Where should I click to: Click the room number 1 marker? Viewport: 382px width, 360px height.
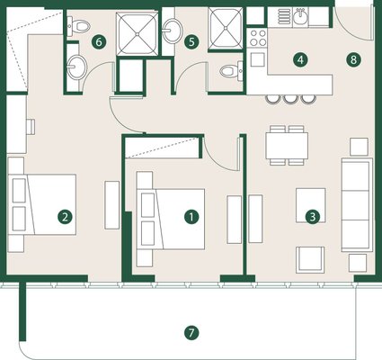[x=191, y=217]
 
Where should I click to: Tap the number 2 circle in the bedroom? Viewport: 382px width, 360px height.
[x=66, y=217]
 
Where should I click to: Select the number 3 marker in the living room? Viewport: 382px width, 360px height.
[x=313, y=216]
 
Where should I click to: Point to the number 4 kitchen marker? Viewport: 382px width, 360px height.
[x=300, y=59]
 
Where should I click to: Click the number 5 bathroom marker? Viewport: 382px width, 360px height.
[x=191, y=42]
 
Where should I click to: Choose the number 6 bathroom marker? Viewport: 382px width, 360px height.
[x=99, y=42]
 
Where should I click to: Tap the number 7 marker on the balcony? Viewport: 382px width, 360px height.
[x=191, y=333]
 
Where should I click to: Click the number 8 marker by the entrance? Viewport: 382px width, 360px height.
[x=353, y=59]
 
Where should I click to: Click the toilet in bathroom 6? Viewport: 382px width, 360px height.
[x=78, y=25]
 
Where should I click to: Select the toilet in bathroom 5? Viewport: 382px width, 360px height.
[x=232, y=71]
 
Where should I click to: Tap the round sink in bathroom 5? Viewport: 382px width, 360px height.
[x=173, y=30]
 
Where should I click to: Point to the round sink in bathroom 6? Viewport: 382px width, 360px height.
[x=76, y=67]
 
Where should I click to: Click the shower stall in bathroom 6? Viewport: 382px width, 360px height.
[x=137, y=33]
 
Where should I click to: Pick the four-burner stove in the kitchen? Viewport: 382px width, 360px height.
[x=258, y=38]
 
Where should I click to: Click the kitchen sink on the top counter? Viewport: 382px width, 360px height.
[x=300, y=17]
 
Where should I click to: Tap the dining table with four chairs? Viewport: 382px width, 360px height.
[x=287, y=146]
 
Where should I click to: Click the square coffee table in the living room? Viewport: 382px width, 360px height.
[x=311, y=205]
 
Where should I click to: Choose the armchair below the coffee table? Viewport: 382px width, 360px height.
[x=310, y=260]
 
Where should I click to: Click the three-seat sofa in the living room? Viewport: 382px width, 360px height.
[x=357, y=205]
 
